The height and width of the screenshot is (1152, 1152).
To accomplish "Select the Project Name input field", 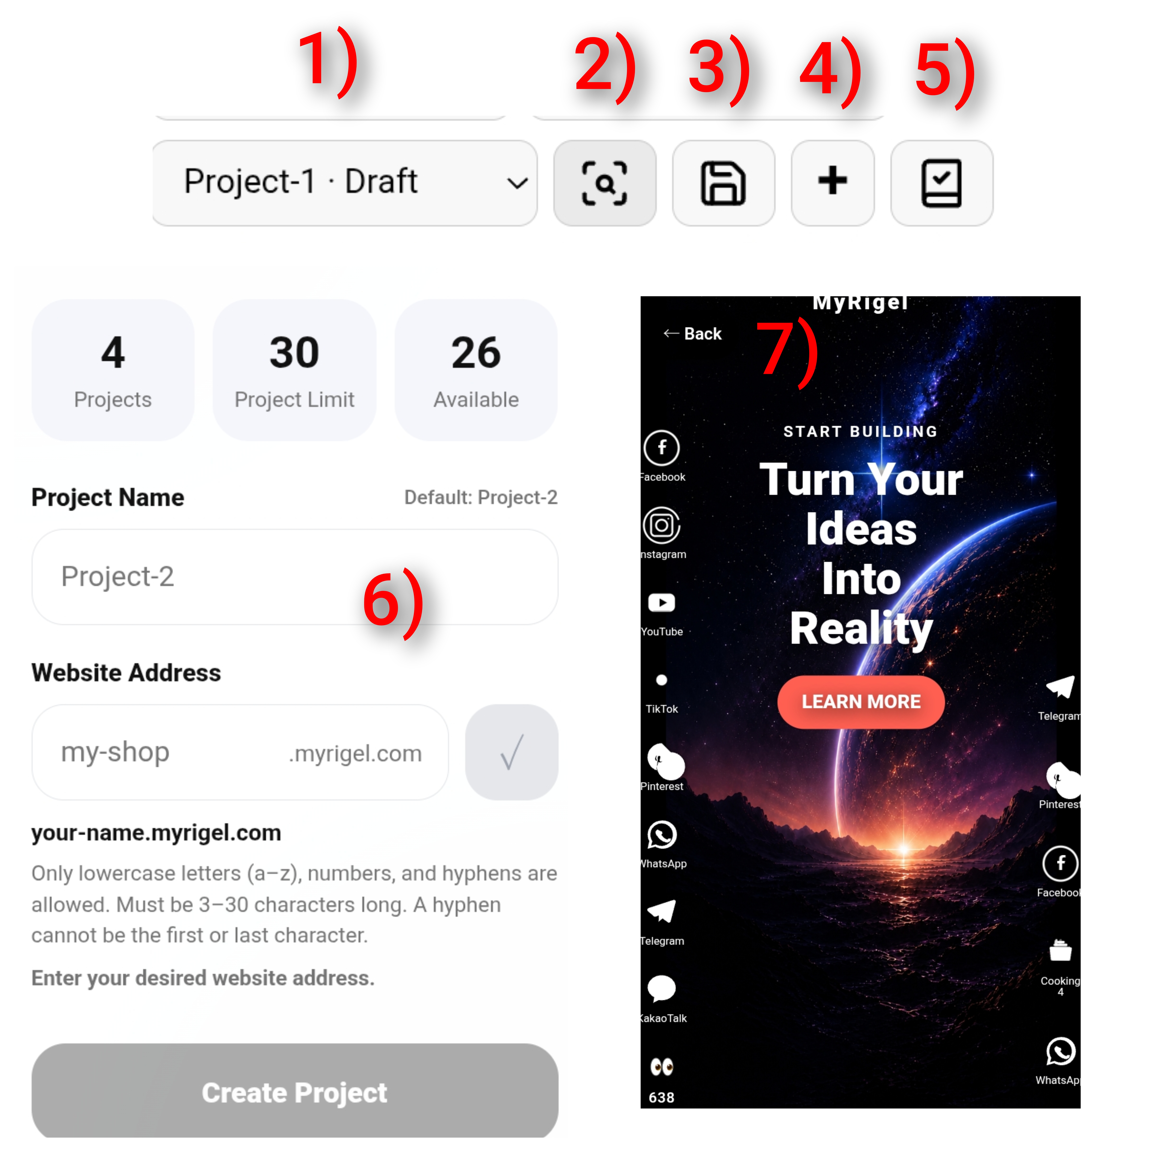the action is tap(295, 577).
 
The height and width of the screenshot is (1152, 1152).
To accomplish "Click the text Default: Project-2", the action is tap(481, 497).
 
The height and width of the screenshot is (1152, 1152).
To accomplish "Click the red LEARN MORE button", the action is tap(860, 702).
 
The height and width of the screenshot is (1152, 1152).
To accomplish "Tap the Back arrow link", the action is tap(692, 334).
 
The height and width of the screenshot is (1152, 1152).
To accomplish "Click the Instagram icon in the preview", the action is tap(661, 525).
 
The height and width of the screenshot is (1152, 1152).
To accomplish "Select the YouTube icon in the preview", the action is tap(661, 603).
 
